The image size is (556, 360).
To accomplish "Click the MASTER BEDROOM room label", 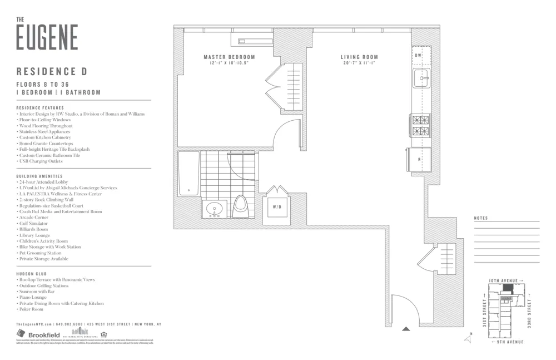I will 229,57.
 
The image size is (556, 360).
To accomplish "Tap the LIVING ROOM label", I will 359,57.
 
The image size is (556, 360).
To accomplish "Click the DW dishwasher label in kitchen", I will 418,56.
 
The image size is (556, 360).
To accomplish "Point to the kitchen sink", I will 420,78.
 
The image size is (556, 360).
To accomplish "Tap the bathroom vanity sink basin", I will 214,210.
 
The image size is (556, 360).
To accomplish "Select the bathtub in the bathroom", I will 188,172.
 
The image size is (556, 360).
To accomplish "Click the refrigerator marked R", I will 419,159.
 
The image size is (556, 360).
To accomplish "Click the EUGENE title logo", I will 47,37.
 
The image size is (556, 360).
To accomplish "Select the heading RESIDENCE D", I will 52,72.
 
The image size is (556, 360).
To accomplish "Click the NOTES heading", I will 481,218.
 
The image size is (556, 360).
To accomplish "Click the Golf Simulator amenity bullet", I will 34,223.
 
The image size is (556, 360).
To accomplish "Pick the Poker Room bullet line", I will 31,309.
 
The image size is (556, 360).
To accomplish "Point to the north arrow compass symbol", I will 468,338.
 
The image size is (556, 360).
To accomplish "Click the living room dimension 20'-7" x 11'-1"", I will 359,63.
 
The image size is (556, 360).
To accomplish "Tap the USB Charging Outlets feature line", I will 40,161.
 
